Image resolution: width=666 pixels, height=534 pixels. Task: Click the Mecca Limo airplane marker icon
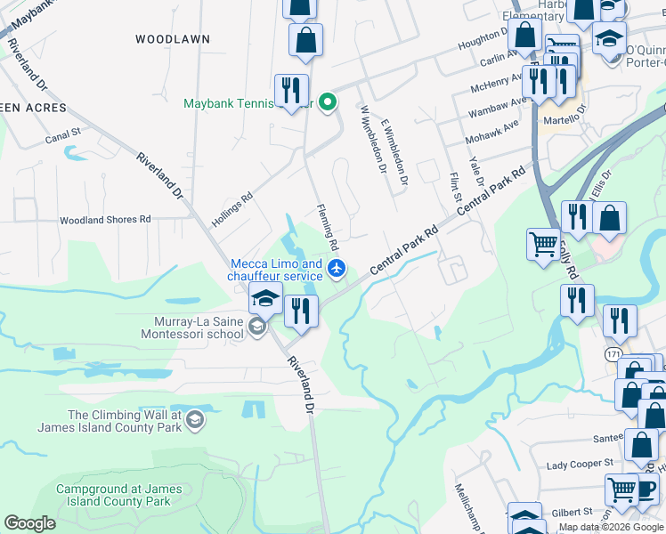337,269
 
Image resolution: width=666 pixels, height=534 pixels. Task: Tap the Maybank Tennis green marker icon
328,103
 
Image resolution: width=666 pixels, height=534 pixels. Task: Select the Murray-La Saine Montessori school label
191,328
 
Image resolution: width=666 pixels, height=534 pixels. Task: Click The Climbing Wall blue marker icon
196,419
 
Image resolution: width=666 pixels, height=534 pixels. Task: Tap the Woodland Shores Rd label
105,220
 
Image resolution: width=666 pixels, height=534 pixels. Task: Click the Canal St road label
63,136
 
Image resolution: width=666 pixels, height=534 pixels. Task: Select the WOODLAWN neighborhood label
173,39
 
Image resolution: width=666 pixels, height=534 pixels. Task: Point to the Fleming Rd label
329,227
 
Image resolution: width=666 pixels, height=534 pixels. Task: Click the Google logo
30,523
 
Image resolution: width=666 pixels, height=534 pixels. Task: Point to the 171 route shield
613,354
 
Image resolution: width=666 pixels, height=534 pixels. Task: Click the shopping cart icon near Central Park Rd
543,242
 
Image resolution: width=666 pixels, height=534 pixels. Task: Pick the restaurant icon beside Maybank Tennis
291,89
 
